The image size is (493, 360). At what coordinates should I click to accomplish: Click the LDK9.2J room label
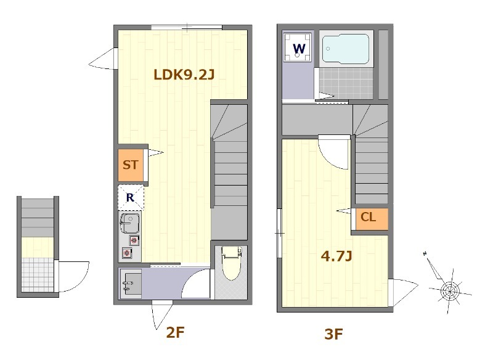point(184,75)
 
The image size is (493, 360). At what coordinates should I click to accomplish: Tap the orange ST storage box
point(131,165)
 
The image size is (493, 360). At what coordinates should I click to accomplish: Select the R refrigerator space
point(131,197)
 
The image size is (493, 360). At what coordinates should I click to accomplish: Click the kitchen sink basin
point(129,223)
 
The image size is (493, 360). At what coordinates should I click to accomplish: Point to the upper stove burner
point(134,240)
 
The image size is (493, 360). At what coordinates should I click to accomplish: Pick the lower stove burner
point(127,253)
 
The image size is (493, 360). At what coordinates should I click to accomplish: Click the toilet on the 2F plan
point(232,263)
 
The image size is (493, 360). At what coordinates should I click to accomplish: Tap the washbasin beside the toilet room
point(132,284)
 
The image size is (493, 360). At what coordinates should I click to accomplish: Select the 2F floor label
point(175,332)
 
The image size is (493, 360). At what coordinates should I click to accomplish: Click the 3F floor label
point(333,334)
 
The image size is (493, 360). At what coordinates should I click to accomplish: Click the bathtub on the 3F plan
point(346,49)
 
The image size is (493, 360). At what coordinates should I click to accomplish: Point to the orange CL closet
point(369,219)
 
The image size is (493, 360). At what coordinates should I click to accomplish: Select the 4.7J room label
point(336,256)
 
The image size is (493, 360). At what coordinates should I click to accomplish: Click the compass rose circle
point(450,292)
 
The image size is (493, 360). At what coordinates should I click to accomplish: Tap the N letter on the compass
point(425,254)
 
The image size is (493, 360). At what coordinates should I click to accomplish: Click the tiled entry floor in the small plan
point(37,275)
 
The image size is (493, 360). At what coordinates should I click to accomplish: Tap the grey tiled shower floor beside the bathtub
point(346,83)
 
